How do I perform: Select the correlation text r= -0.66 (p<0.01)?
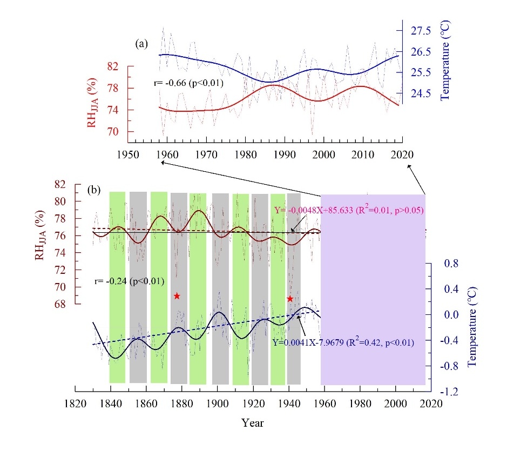187,83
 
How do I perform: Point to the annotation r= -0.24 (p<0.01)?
128,281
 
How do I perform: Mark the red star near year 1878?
177,295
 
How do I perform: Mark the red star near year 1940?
290,299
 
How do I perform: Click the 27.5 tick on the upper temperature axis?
421,31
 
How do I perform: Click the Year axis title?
253,423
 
